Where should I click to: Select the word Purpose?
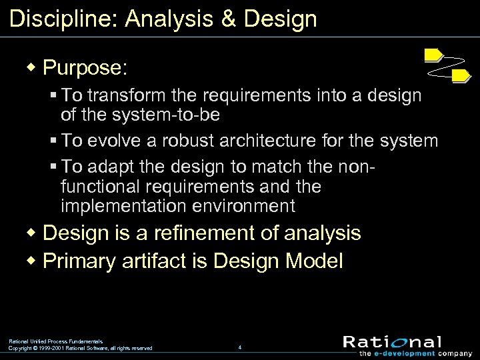tap(85, 67)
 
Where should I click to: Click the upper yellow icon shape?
tap(434, 55)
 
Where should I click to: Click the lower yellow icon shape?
tap(461, 76)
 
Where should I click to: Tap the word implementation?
tap(119, 206)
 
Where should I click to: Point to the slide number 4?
tap(239, 347)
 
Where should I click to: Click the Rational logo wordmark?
tap(392, 342)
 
